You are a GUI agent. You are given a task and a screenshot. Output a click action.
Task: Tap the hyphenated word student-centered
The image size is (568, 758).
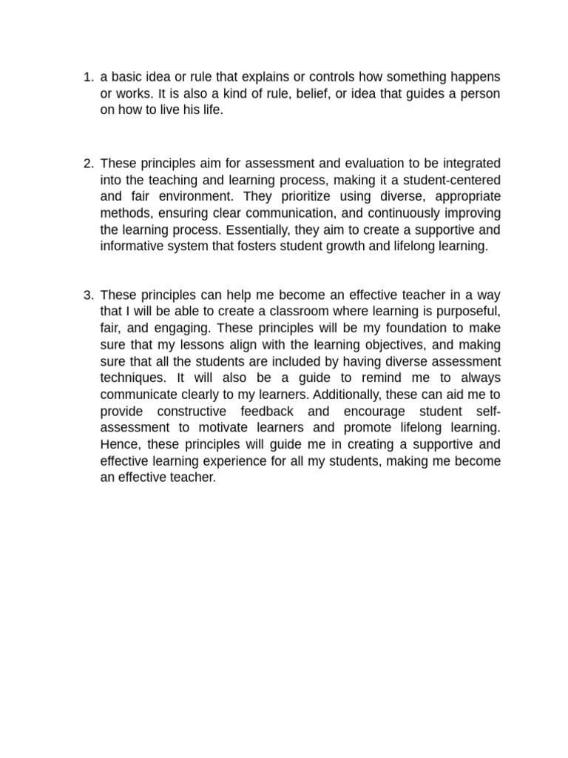pos(453,180)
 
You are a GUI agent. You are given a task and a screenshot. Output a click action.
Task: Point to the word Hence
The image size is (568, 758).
pos(118,444)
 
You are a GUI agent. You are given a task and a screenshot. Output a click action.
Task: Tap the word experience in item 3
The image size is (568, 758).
pos(226,461)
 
